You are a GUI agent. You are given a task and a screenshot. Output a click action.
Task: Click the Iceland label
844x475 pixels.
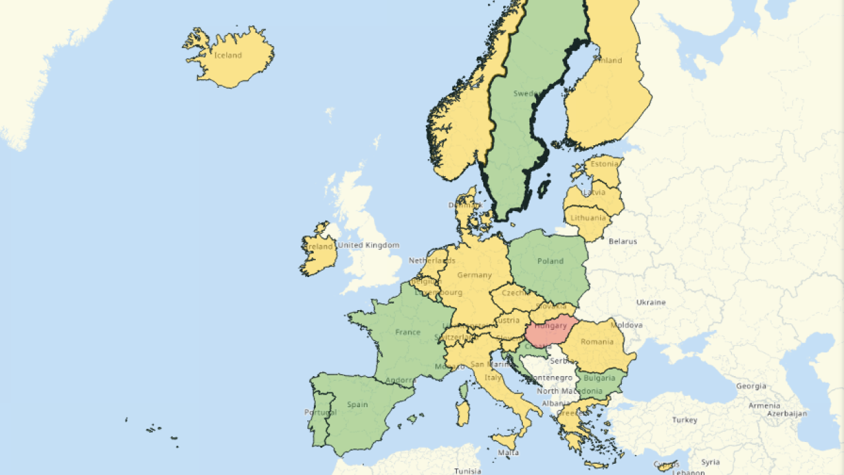click(228, 55)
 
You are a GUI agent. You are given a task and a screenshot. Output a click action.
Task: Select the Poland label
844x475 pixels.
click(550, 261)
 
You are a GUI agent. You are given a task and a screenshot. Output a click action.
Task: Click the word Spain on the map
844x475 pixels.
click(357, 404)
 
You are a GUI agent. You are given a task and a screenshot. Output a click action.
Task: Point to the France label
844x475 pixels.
click(407, 332)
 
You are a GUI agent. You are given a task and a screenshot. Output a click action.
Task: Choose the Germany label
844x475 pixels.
click(474, 275)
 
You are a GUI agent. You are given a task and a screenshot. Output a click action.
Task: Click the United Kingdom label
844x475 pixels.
click(369, 245)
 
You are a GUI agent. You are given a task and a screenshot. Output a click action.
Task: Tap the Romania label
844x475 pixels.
click(597, 342)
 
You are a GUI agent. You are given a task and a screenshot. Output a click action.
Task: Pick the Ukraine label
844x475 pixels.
click(651, 303)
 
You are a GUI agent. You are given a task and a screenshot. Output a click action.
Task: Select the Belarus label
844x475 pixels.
click(623, 241)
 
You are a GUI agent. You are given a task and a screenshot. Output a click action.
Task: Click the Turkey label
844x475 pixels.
click(684, 420)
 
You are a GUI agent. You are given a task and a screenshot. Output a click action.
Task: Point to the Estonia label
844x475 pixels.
click(605, 164)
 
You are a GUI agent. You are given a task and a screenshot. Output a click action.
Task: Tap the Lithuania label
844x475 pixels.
click(589, 218)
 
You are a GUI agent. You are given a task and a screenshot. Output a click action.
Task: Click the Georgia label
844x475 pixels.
click(751, 387)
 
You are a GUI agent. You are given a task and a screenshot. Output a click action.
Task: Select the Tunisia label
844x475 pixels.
click(467, 471)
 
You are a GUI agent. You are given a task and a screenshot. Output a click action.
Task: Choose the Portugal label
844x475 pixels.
click(321, 412)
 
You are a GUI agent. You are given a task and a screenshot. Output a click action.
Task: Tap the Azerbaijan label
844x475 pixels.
click(787, 414)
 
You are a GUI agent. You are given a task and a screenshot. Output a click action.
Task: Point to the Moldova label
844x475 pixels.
click(626, 325)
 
